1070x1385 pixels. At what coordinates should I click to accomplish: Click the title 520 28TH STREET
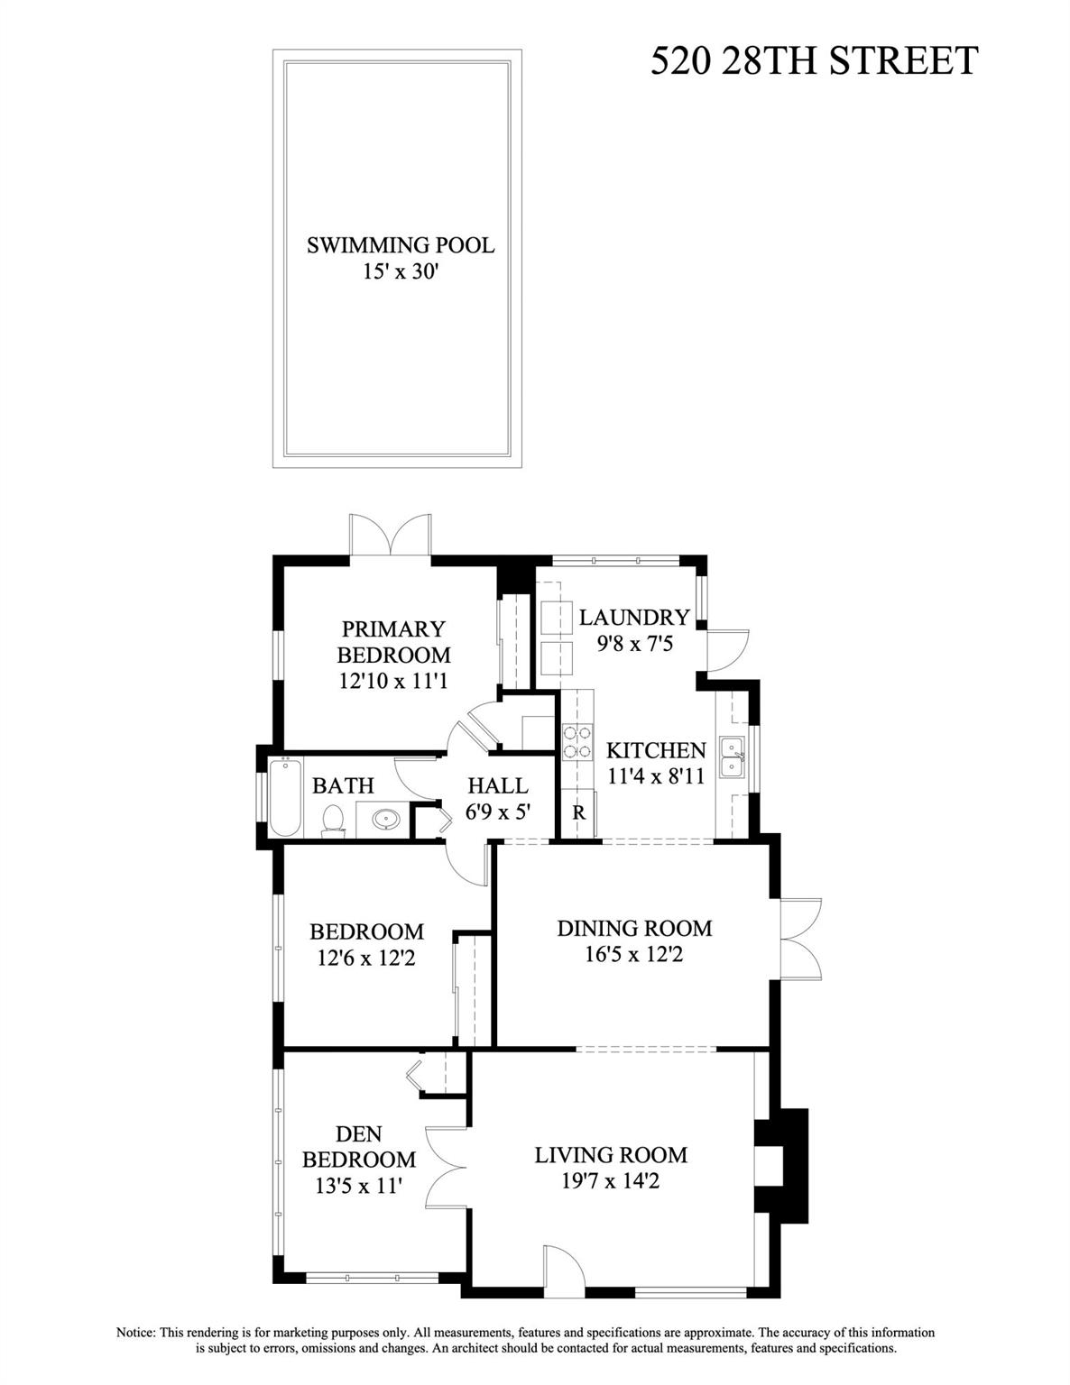[x=814, y=61]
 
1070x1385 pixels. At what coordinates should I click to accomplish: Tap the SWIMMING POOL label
[x=400, y=245]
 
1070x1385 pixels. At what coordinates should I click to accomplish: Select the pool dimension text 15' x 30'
[x=400, y=271]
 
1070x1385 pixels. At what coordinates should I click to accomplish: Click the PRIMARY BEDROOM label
[x=393, y=641]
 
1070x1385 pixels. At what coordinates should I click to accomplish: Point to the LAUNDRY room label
[x=633, y=618]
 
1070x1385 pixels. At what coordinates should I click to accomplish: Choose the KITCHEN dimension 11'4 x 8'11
[x=656, y=776]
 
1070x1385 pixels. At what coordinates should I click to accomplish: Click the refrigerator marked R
[x=578, y=812]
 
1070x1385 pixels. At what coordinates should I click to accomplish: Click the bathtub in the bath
[x=284, y=799]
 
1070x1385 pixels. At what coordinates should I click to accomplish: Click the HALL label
[x=497, y=785]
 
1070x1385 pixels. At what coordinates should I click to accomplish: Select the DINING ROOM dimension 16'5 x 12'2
[x=633, y=953]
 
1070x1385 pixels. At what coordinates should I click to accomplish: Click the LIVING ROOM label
[x=611, y=1155]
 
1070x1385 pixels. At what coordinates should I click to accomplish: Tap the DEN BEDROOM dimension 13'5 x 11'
[x=358, y=1186]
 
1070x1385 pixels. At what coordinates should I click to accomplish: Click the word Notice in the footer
[x=137, y=1333]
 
